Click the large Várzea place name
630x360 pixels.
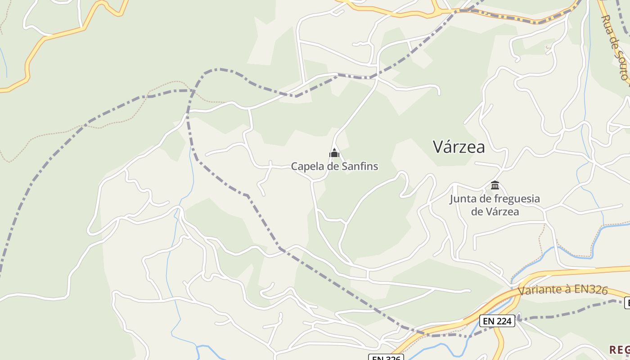coord(459,147)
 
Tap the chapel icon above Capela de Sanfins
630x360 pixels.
coord(334,153)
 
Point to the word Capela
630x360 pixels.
coord(308,166)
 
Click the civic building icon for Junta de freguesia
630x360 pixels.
coord(495,185)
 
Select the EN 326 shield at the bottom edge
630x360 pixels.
coord(386,357)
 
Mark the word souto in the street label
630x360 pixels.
coord(621,64)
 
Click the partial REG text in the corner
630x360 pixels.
coord(619,350)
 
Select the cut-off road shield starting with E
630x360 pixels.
coord(627,304)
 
